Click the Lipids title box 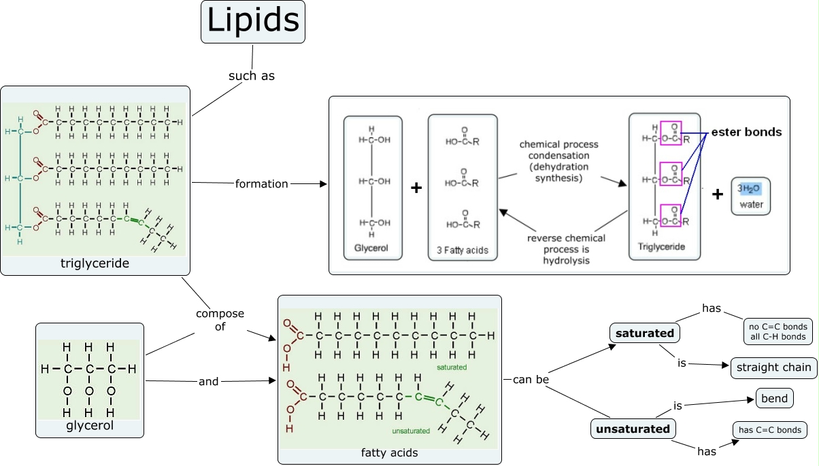253,22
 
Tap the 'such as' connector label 252,76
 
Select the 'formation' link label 262,183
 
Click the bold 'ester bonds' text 746,132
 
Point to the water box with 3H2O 751,196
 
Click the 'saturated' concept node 644,334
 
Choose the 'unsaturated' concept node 633,429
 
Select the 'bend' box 775,399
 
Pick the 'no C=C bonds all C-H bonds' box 777,331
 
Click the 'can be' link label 531,379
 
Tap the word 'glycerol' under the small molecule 90,426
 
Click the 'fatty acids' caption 389,452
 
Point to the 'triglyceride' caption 95,263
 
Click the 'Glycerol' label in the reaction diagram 371,248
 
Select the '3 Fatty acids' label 463,251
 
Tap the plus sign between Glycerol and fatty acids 417,187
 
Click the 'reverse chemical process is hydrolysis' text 566,249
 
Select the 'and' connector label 209,382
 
